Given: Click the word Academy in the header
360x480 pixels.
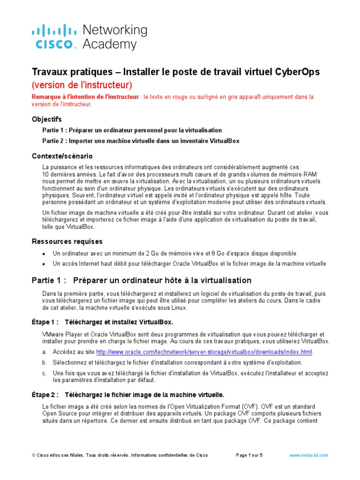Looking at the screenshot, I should pos(110,45).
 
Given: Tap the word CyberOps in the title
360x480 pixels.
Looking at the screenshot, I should pos(297,72).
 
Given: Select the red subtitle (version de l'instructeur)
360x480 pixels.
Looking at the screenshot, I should pos(82,85).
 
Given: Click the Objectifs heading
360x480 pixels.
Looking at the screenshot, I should pos(46,119).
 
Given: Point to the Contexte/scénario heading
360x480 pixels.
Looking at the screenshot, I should pos(62,156).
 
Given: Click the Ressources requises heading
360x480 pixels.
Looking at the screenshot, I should pos(67,241).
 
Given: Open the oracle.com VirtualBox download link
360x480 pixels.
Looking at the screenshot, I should pos(204,352).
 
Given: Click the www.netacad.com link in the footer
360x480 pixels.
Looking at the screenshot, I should pos(308,455).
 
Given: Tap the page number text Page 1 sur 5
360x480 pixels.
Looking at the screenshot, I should pos(249,455).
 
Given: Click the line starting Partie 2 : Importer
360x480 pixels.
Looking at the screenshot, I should pos(141,141).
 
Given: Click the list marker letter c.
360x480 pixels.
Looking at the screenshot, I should pos(44,373).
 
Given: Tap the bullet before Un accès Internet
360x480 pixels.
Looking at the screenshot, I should pos(44,264).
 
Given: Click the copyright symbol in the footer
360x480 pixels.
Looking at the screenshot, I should pos(34,455).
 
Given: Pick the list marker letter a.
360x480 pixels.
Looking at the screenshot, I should pos(44,352).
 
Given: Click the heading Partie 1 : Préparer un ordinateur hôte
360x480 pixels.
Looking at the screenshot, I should pos(141,280).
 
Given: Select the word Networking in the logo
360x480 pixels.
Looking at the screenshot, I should pos(114,30).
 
